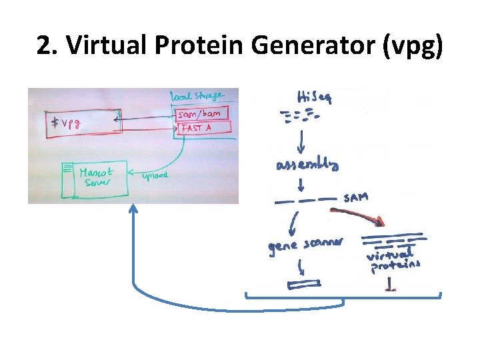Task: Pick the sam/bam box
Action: coord(202,113)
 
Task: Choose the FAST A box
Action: coord(203,127)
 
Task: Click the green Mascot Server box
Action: coord(95,179)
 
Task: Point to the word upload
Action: coord(155,175)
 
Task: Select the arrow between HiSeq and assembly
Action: coord(301,139)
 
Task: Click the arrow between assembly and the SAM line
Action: coord(302,182)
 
